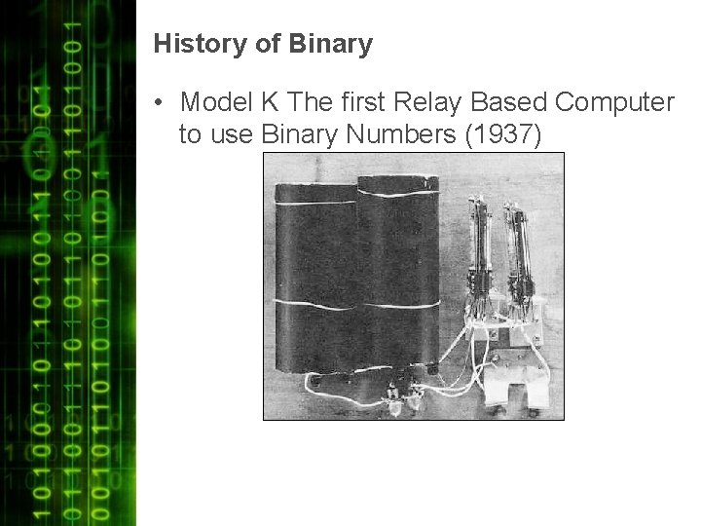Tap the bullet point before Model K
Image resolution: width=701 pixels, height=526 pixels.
[x=159, y=102]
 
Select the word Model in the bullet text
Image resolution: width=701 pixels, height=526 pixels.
[x=213, y=102]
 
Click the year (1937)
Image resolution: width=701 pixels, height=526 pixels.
[x=502, y=134]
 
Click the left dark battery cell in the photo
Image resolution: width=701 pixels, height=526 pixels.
[x=313, y=282]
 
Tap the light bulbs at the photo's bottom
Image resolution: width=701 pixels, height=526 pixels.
[x=404, y=394]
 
